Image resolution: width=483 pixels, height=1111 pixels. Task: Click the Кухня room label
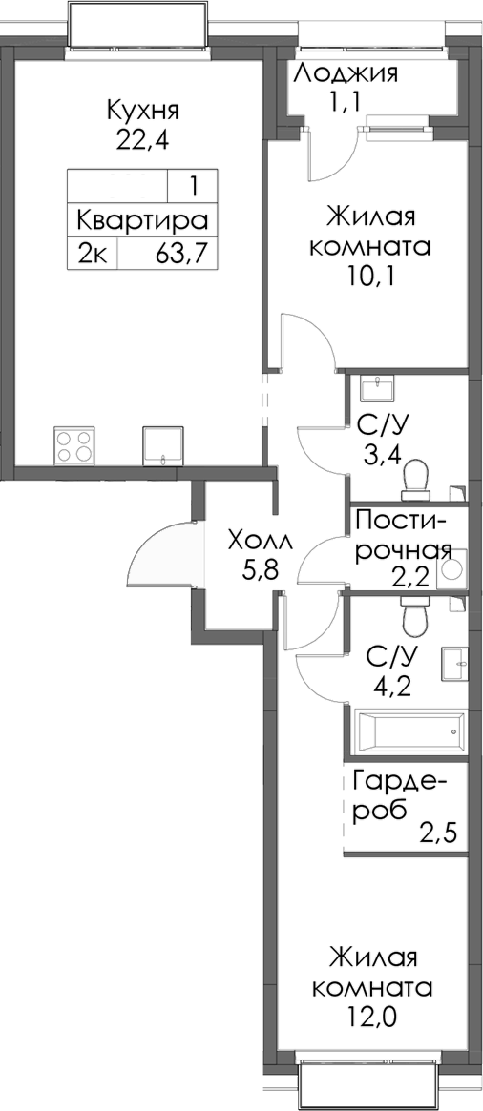(143, 110)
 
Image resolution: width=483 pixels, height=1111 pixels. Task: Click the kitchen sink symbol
(161, 445)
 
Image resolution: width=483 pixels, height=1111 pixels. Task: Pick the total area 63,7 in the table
(180, 255)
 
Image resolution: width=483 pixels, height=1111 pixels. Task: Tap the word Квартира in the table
(142, 220)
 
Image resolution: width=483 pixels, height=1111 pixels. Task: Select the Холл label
(262, 543)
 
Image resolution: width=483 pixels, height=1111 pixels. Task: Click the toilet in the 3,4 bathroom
(416, 477)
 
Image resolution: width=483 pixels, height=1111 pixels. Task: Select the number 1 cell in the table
(194, 184)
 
